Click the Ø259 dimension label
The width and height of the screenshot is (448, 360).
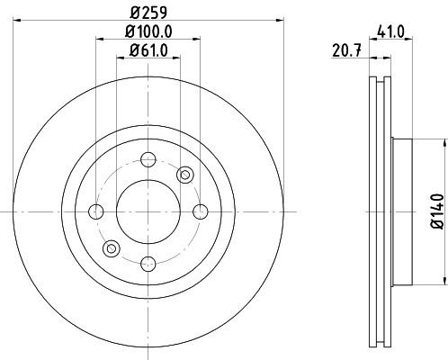pyautogui.click(x=148, y=13)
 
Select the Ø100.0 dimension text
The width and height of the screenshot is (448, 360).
pyautogui.click(x=148, y=31)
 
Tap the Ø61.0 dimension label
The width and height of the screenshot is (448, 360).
pyautogui.click(x=148, y=50)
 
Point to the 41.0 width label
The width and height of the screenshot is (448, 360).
pyautogui.click(x=390, y=31)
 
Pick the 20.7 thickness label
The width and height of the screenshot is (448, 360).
pyautogui.click(x=346, y=50)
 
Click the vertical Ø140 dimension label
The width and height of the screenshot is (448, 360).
pyautogui.click(x=437, y=211)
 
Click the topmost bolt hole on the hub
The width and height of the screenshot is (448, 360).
pyautogui.click(x=148, y=159)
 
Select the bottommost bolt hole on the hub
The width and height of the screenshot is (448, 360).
pyautogui.click(x=148, y=264)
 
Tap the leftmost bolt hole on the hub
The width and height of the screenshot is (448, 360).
pyautogui.click(x=96, y=211)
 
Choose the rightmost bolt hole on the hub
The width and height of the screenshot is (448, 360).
pyautogui.click(x=201, y=211)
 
